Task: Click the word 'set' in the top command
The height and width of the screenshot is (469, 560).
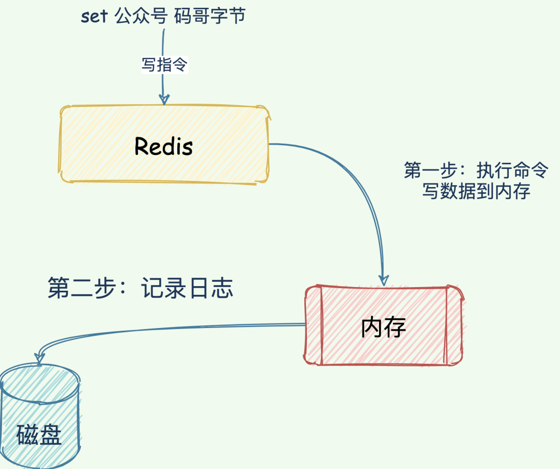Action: click(x=94, y=16)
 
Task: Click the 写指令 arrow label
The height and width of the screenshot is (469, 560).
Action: click(x=164, y=65)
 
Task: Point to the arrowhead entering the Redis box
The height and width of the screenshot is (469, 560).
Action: click(x=164, y=99)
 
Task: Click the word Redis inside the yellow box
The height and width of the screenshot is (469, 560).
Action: click(x=163, y=147)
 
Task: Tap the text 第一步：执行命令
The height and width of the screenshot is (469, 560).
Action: click(x=475, y=170)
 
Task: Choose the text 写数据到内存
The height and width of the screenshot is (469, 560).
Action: click(x=475, y=192)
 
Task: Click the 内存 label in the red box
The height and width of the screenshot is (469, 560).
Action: click(x=383, y=327)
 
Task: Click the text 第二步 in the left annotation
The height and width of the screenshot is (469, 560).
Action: click(x=81, y=288)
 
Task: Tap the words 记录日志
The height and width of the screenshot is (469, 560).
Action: click(x=187, y=288)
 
